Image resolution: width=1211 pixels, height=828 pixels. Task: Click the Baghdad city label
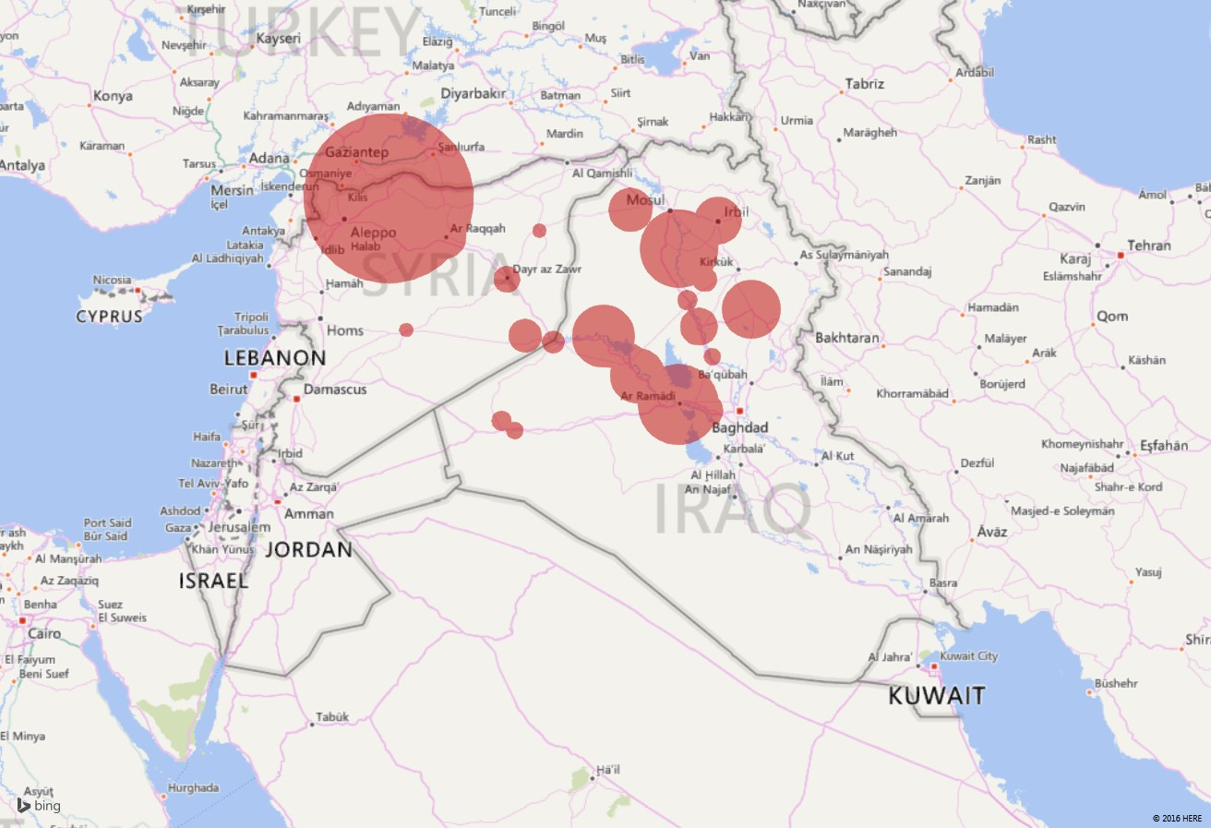point(740,428)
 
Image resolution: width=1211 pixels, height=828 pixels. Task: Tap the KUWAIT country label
point(937,695)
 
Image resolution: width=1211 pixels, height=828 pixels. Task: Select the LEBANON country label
point(275,358)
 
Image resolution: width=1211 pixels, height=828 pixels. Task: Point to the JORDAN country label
point(309,550)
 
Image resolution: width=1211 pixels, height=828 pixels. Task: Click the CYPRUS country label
point(110,317)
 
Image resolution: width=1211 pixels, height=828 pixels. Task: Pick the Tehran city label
point(1148,246)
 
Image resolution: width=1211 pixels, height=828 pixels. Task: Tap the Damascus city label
point(335,390)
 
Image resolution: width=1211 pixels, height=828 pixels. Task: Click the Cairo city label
point(44,634)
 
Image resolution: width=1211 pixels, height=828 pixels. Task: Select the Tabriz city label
point(864,84)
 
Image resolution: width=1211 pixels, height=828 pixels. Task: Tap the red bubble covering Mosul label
point(630,210)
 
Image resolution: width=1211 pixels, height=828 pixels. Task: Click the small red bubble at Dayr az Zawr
point(506,278)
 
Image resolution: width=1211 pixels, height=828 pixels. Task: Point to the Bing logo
point(39,806)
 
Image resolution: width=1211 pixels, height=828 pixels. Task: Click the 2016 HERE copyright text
point(1177,818)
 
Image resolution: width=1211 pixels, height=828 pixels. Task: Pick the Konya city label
point(113,96)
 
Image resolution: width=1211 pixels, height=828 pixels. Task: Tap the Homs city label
point(345,330)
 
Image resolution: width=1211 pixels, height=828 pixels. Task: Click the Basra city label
point(942,583)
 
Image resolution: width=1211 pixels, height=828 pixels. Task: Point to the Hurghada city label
point(194,787)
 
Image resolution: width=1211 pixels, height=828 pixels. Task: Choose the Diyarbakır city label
point(474,94)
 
